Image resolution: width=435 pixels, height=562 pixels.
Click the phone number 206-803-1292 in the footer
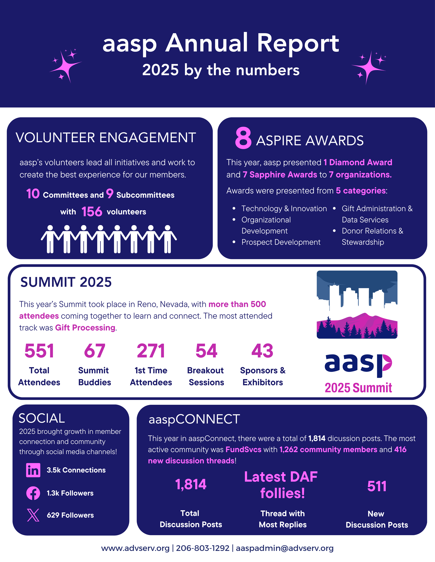coord(203,548)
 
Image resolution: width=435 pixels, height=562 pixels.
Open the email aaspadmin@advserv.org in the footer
coord(285,548)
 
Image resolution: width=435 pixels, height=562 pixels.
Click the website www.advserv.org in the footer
coord(135,548)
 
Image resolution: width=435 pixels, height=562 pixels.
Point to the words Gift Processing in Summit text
coord(85,328)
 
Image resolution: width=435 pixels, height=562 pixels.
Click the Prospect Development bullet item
coord(281,242)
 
